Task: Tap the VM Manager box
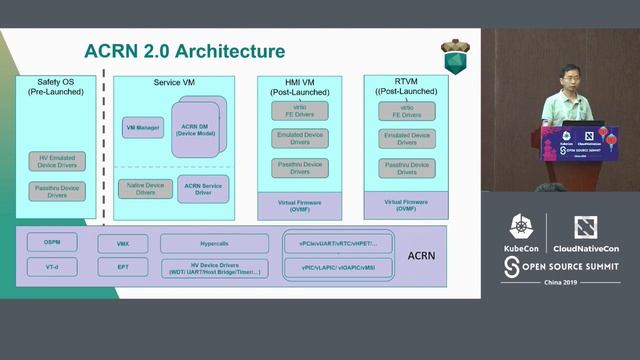coord(143,128)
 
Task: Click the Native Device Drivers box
coord(146,188)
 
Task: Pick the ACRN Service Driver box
coord(202,188)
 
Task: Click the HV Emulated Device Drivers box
coord(57,161)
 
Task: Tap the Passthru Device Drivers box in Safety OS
coord(57,190)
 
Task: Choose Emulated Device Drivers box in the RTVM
coord(406,139)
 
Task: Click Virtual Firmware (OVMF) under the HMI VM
coord(299,206)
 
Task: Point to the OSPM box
coord(53,243)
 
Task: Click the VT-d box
coord(53,267)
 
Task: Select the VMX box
coord(123,243)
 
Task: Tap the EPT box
coord(123,267)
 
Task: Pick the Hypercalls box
coord(214,243)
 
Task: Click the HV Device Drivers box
coord(214,268)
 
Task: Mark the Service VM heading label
coord(174,82)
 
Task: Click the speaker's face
coord(568,76)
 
